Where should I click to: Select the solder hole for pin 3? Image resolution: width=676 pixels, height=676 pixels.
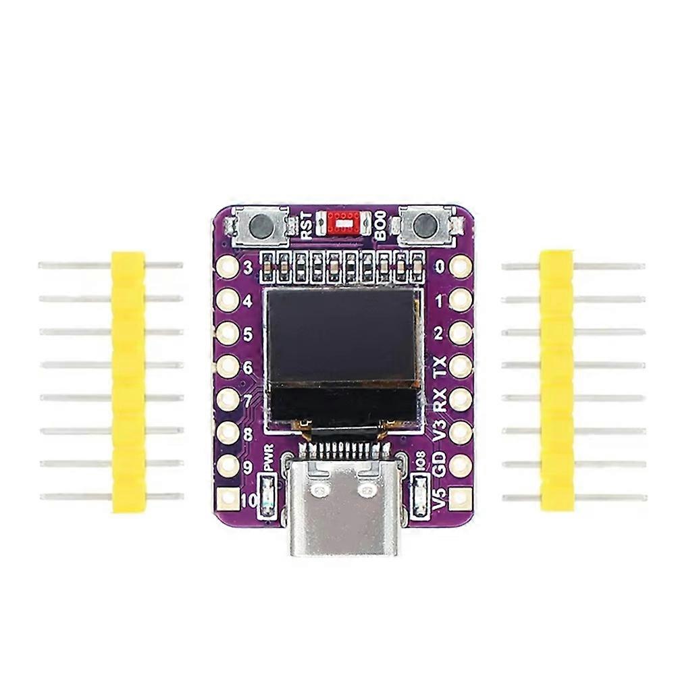tap(228, 267)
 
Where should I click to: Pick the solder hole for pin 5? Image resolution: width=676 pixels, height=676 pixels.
tap(228, 333)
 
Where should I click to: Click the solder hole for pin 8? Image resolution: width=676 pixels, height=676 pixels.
tap(228, 433)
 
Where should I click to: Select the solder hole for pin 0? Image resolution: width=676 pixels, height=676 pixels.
tap(461, 266)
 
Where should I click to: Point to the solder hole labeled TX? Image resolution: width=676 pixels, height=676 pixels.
tap(461, 366)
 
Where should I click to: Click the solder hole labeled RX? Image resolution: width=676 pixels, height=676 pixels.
tap(461, 399)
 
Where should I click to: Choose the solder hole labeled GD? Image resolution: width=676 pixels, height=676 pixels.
tap(461, 465)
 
